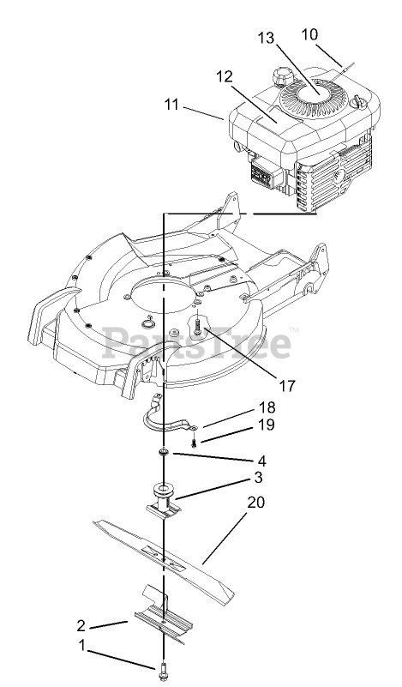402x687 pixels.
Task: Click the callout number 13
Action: click(266, 38)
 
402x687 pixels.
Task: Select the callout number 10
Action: click(309, 34)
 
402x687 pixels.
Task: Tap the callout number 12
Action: click(224, 76)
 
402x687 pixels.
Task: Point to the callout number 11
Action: click(171, 105)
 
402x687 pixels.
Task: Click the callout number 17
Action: click(287, 386)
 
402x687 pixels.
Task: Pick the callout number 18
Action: click(267, 407)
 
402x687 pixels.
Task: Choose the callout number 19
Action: click(267, 425)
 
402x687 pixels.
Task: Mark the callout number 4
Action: click(262, 461)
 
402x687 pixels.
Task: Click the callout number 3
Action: click(258, 477)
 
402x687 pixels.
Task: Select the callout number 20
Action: click(256, 502)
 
